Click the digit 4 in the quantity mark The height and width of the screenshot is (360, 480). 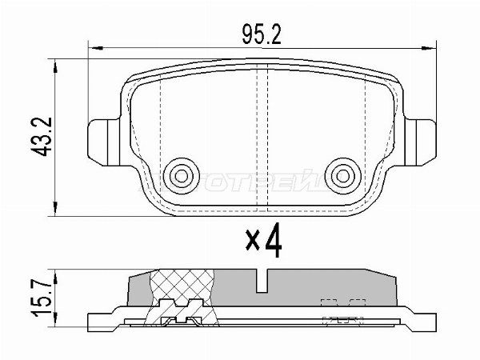[274, 242]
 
